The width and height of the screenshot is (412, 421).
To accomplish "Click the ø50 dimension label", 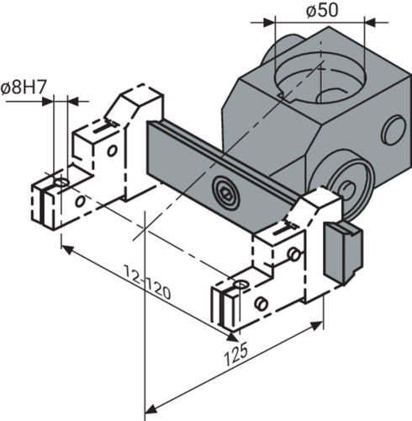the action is [x=322, y=11].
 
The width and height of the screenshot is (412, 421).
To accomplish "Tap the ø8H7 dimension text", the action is [x=23, y=88].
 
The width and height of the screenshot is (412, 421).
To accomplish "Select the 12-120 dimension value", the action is [x=148, y=283].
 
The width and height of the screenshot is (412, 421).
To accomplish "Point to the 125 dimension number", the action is [x=236, y=354].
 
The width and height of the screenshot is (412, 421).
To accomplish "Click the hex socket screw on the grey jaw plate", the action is [x=226, y=193].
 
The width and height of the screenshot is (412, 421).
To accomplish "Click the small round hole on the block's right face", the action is [x=394, y=131].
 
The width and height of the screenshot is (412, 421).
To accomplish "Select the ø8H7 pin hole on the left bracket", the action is [x=61, y=182].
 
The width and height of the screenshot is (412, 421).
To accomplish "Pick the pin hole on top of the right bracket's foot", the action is [x=241, y=284].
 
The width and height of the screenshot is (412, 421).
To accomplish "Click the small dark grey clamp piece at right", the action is [x=343, y=252].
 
